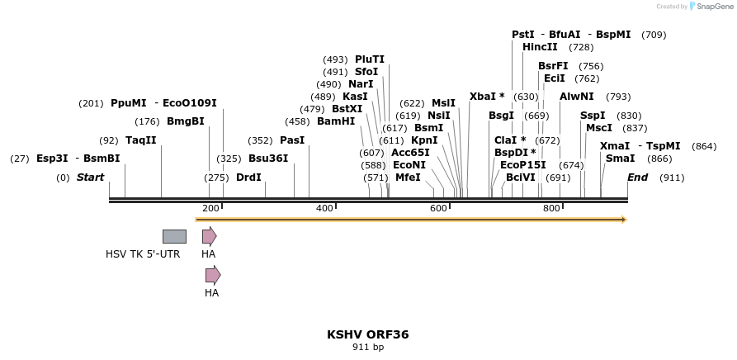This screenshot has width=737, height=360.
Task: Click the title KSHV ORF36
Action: pos(367,334)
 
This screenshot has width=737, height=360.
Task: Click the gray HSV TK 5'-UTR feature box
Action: pos(174,236)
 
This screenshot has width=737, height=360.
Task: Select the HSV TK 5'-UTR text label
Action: pos(143,253)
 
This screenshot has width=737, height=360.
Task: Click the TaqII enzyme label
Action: pos(140,140)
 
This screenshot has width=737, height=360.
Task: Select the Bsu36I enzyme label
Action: pos(268,159)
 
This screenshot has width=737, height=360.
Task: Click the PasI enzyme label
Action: pos(292,140)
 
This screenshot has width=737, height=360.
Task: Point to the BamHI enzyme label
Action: pos(336,121)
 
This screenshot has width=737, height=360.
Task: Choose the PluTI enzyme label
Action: pos(370,59)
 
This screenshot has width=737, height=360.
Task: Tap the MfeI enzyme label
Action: pos(408,177)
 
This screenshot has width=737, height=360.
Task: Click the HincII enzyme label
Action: pos(540,47)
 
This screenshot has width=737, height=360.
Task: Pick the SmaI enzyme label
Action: pos(621,159)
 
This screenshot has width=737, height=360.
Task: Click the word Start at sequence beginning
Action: pos(90,177)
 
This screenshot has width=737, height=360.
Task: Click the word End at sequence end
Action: pos(637,177)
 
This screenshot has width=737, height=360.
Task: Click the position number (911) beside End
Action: pos(672,177)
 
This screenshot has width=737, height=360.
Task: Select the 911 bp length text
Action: pos(367,348)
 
